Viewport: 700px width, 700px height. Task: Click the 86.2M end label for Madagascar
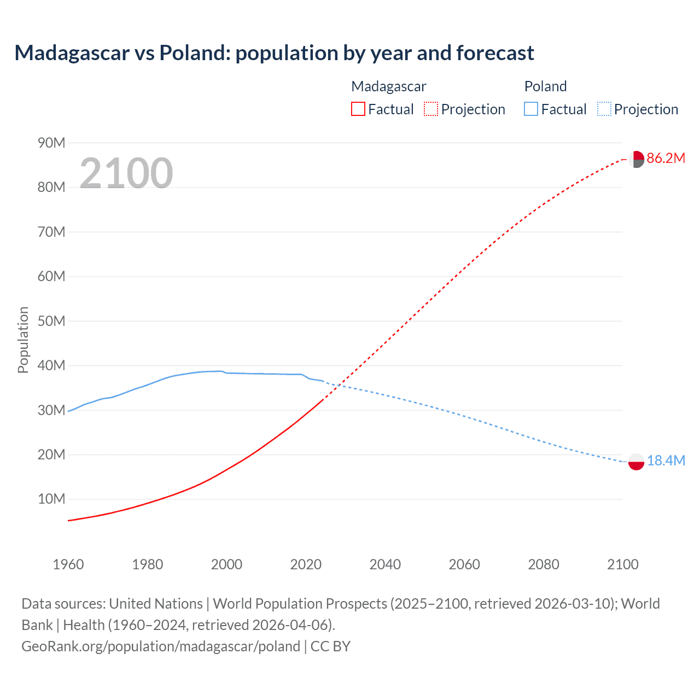(x=666, y=159)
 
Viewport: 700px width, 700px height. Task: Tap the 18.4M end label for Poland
(x=666, y=461)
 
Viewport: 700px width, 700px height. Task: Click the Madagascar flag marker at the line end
(x=636, y=159)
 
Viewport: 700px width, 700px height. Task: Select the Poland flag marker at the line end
(x=636, y=462)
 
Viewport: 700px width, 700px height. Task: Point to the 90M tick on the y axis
(x=51, y=143)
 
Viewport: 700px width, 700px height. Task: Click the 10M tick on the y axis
(x=51, y=499)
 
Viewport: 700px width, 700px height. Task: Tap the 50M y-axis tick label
(x=51, y=321)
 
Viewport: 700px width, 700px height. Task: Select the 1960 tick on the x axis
(x=68, y=564)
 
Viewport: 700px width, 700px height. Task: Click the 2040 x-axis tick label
(x=385, y=564)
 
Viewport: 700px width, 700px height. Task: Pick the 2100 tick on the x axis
(x=622, y=564)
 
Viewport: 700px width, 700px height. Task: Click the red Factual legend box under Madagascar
(x=358, y=109)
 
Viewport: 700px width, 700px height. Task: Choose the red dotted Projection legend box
(x=431, y=109)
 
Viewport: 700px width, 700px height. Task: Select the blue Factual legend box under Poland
(x=531, y=109)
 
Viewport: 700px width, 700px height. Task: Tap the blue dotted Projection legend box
(x=604, y=109)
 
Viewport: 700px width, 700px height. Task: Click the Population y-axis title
(x=23, y=340)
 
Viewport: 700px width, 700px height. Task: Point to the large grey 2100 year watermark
(x=126, y=173)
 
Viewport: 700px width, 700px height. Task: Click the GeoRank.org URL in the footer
(x=161, y=646)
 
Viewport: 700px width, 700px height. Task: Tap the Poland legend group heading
(x=545, y=86)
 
